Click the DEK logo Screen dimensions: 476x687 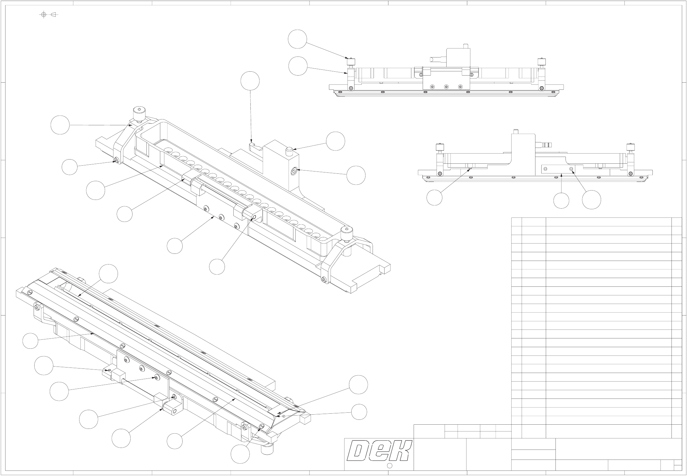(379, 450)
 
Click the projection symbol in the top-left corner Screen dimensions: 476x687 (48, 15)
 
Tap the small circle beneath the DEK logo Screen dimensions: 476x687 (389, 465)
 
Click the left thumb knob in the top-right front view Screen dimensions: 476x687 (350, 61)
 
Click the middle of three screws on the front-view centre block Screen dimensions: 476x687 (446, 87)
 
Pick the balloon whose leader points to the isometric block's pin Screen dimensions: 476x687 (335, 141)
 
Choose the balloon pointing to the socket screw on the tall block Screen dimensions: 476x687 (356, 175)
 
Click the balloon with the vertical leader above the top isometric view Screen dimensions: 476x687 (250, 81)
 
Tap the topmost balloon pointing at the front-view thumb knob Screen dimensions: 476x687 (297, 39)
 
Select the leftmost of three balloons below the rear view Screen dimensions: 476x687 (434, 198)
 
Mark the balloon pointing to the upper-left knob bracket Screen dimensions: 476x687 (60, 125)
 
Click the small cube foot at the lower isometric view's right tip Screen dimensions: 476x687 (305, 419)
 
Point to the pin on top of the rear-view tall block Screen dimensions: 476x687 (516, 131)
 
